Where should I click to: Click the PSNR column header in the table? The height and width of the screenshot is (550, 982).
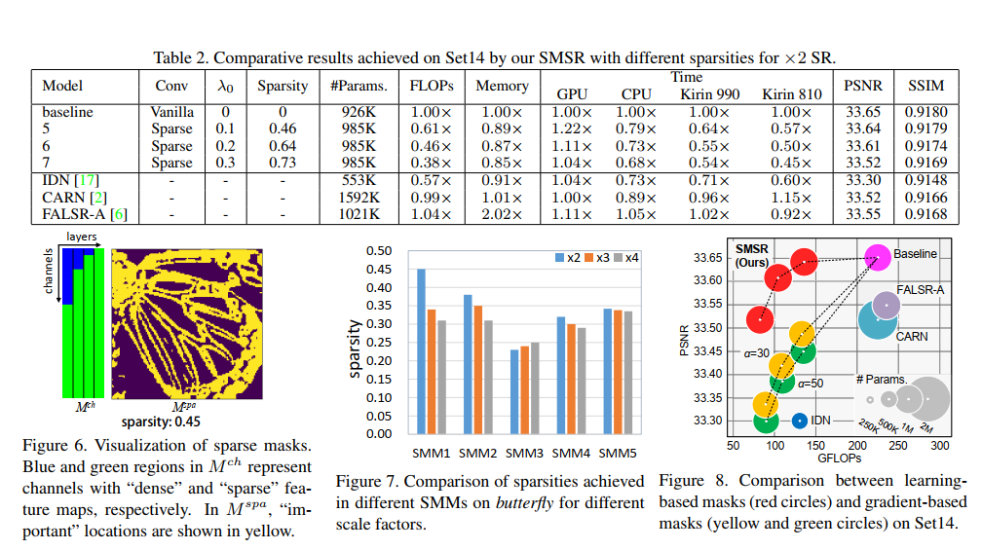[862, 86]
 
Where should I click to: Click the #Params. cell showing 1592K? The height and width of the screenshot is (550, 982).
[359, 198]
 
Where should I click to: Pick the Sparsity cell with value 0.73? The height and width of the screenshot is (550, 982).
[282, 163]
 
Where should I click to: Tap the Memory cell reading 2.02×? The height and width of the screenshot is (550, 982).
[502, 214]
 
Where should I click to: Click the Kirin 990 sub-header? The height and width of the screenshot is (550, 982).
[709, 94]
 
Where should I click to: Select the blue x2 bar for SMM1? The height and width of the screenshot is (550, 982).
[422, 350]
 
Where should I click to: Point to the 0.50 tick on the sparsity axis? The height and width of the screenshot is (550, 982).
[377, 250]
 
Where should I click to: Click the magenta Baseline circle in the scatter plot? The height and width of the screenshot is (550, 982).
[876, 255]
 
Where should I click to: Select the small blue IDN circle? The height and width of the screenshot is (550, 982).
[799, 421]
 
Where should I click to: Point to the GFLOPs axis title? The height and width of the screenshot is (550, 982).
[839, 458]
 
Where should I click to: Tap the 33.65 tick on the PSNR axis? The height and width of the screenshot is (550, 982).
[708, 257]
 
